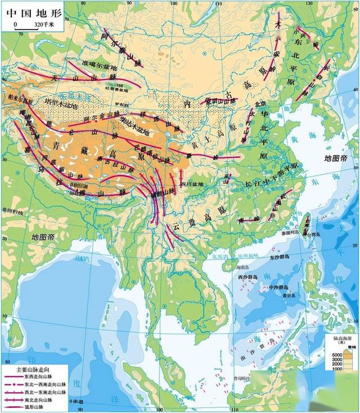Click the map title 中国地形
point(29,12)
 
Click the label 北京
point(259,103)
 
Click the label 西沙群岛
point(247,278)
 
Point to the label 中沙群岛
point(280,288)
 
